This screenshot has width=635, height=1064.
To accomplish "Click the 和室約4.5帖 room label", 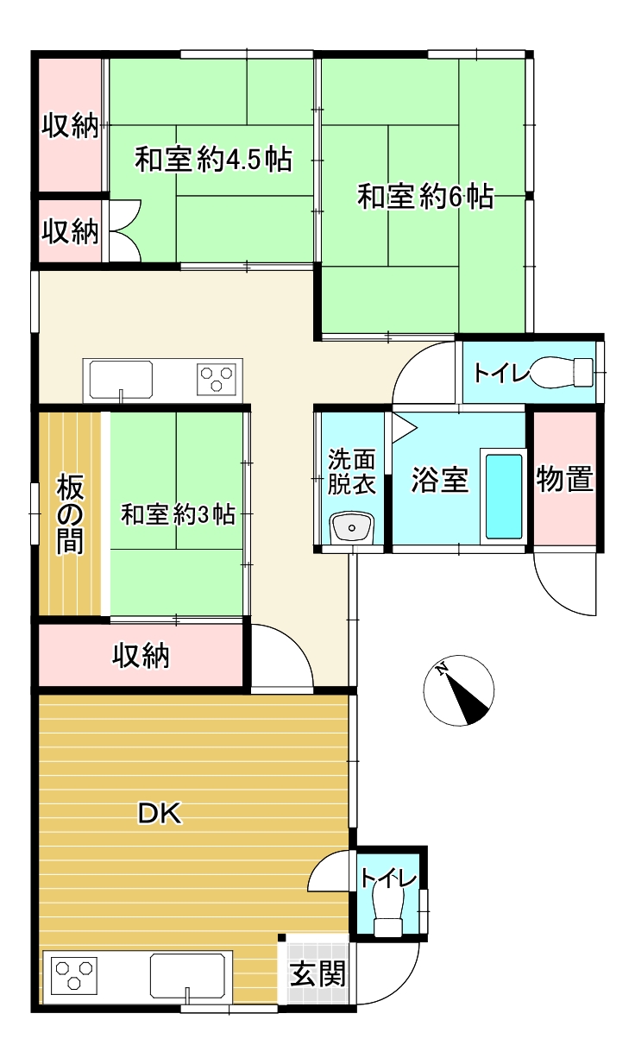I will [x=213, y=161].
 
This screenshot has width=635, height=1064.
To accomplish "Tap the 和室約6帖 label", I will [x=425, y=197].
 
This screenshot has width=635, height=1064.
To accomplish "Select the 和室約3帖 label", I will [x=178, y=515].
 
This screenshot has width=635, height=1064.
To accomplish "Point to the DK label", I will [x=160, y=813].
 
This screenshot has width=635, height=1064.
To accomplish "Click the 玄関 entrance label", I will [x=317, y=974].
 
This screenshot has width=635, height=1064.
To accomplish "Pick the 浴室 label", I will [x=439, y=480].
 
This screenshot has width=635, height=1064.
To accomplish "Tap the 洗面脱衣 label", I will [x=351, y=471].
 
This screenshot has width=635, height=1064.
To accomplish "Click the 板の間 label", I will [x=71, y=515].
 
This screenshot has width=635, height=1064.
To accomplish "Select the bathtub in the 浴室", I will [x=504, y=496].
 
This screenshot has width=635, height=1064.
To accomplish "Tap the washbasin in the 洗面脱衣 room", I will [x=351, y=526].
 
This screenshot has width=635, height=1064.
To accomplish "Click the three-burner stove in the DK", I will [x=73, y=975].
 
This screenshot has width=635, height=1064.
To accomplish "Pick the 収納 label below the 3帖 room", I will [x=141, y=657].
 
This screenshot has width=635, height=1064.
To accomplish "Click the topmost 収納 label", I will [x=71, y=127].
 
